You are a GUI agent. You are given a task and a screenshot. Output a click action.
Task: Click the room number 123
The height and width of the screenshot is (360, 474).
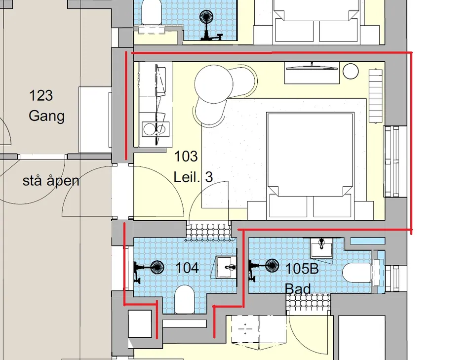[41, 95]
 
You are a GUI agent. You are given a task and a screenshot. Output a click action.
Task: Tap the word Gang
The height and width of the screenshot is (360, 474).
[46, 116]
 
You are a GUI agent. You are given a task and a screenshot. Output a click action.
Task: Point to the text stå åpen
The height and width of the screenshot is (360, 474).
[51, 181]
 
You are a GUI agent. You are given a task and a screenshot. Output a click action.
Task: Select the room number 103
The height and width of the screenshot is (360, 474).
[186, 156]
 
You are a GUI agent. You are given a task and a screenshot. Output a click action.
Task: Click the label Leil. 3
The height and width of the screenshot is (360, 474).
[193, 176]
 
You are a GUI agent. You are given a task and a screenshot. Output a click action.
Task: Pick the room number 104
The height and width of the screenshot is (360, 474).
[187, 268]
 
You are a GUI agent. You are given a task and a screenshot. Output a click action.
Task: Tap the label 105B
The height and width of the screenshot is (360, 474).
[302, 269]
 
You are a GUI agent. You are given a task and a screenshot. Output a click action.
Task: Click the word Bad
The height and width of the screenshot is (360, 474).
[298, 289]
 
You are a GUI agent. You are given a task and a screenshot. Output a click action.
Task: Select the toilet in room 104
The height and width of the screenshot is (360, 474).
[184, 300]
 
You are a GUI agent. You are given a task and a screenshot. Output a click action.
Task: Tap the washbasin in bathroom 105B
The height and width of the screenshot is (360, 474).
[321, 247]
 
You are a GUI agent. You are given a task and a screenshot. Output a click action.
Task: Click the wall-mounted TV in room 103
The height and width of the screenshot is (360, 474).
[312, 67]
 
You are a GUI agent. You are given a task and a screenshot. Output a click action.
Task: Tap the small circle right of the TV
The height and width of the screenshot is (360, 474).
[351, 71]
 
